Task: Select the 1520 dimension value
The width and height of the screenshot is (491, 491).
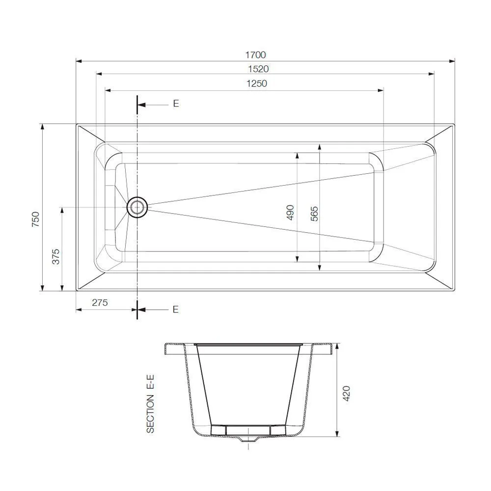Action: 259,69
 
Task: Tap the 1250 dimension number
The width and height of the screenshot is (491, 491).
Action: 257,84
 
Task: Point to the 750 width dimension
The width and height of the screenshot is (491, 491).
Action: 35,219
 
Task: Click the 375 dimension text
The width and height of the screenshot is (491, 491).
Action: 55,256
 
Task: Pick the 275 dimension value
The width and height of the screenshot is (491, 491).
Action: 99,303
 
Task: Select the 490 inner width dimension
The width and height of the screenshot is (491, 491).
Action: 290,212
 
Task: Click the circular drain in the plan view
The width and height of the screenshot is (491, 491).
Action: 137,207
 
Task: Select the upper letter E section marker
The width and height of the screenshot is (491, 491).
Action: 176,104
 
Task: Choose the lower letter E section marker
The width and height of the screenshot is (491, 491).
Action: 176,309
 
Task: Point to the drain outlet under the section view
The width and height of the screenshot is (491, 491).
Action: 248,439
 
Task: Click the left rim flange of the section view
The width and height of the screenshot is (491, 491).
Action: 174,348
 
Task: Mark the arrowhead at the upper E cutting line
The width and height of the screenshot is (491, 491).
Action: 140,105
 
